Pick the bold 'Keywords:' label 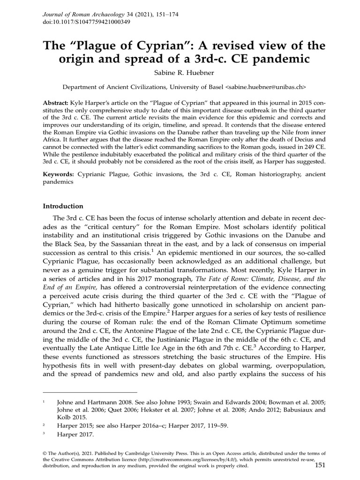click(x=59, y=174)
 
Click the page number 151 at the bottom click(x=320, y=465)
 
